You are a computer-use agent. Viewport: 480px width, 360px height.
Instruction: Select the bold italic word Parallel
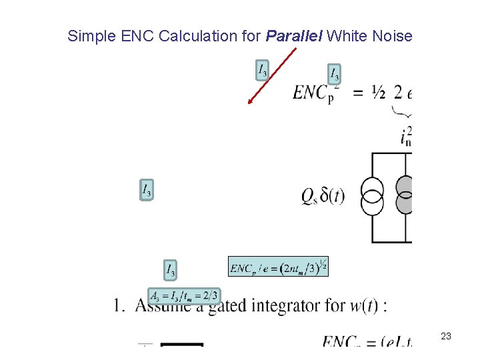click(295, 36)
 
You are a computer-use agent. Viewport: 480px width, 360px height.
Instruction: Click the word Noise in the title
click(394, 36)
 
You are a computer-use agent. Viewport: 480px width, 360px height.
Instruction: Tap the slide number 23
click(446, 337)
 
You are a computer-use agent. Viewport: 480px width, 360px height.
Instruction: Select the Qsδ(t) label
click(323, 196)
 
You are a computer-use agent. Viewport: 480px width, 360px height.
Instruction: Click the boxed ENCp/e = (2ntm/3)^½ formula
click(278, 267)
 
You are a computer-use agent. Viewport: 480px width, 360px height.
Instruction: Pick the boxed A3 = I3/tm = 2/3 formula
click(184, 295)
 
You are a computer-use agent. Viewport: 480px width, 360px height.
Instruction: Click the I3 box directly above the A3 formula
click(171, 269)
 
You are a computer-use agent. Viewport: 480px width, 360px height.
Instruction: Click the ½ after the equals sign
click(378, 94)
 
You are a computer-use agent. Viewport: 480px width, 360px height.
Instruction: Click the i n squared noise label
click(406, 135)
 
